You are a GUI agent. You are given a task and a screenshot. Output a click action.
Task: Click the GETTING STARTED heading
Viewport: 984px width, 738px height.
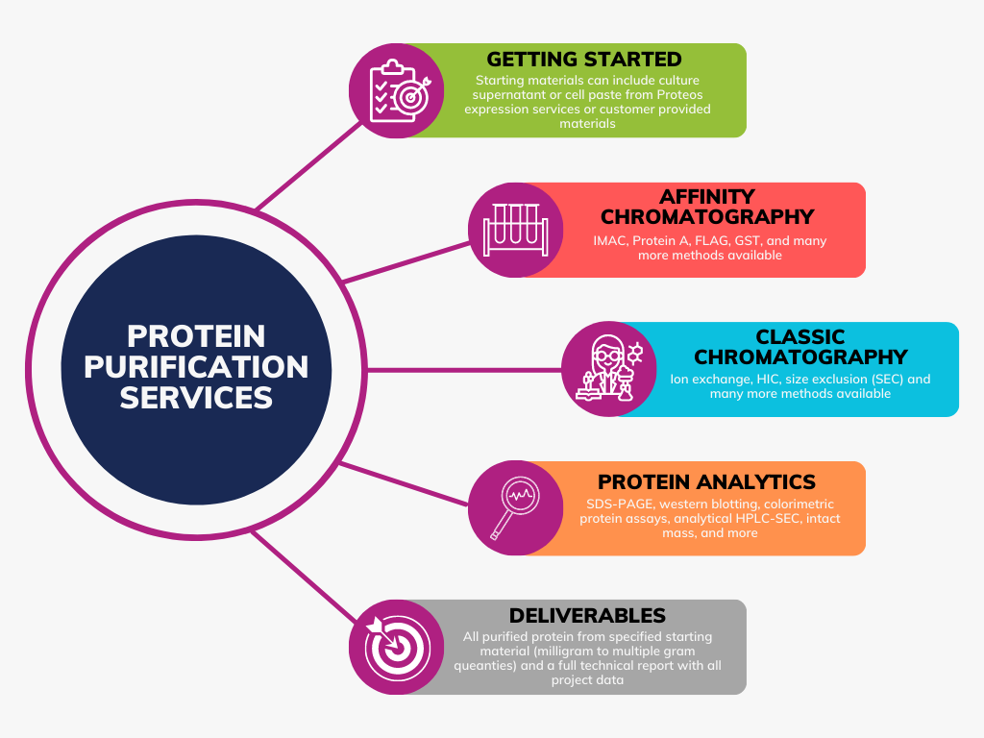(x=584, y=59)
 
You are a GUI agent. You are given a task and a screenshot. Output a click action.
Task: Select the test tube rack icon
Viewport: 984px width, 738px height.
(x=515, y=230)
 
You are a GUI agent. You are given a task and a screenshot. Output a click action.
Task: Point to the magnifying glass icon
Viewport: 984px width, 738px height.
(x=515, y=507)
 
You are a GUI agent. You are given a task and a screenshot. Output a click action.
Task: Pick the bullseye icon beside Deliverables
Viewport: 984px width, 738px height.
(x=397, y=647)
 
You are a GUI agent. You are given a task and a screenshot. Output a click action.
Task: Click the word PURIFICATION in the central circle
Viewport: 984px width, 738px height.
(x=196, y=367)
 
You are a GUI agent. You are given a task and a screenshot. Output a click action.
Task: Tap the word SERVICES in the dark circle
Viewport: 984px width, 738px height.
(x=196, y=398)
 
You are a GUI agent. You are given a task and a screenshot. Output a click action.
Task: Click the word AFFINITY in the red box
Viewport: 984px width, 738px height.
(x=707, y=196)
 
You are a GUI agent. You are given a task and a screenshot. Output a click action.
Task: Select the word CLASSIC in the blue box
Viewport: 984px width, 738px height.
(x=800, y=337)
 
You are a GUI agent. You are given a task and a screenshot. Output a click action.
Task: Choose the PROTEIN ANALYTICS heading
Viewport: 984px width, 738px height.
(x=706, y=482)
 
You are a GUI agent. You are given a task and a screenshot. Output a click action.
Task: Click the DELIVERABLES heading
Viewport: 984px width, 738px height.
(x=587, y=616)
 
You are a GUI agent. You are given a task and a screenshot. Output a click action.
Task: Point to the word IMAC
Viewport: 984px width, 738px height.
(x=609, y=241)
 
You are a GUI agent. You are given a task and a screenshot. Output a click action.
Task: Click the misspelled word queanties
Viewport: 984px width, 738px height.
(x=485, y=666)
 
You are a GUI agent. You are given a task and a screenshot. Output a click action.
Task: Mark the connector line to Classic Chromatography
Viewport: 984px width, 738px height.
(x=464, y=370)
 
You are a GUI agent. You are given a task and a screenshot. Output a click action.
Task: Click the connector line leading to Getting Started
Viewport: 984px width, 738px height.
(x=309, y=165)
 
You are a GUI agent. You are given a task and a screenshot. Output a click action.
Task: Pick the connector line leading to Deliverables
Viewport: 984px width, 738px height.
(x=304, y=577)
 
